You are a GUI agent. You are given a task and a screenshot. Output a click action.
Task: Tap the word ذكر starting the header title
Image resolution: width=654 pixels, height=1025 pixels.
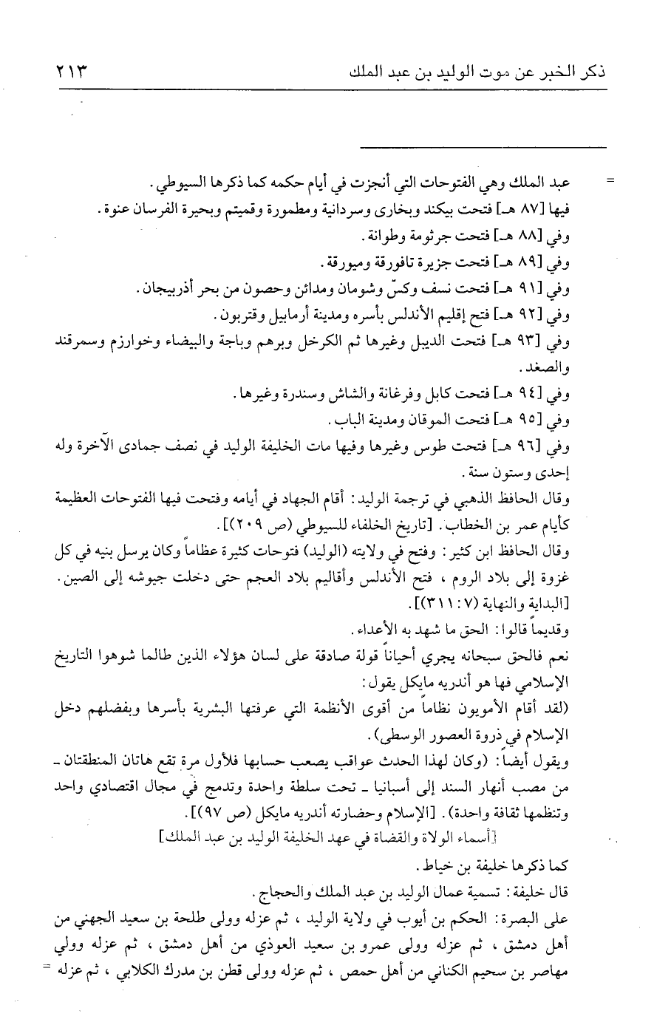pos(590,74)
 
